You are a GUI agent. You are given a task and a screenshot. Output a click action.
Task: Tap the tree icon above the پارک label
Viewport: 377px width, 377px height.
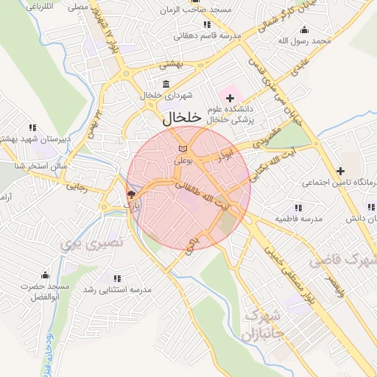[x=131, y=195]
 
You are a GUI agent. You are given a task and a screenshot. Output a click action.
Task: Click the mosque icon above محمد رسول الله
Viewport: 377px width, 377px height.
[x=305, y=29]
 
